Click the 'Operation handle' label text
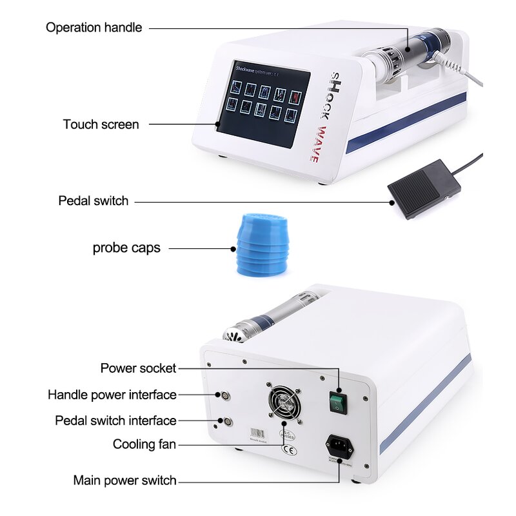[94, 28]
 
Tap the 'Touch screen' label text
[101, 124]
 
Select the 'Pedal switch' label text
[94, 201]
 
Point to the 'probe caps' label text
[126, 248]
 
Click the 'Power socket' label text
[138, 368]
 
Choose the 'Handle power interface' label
[112, 394]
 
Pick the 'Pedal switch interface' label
[115, 421]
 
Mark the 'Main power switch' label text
[124, 480]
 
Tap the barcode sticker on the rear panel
[257, 434]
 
